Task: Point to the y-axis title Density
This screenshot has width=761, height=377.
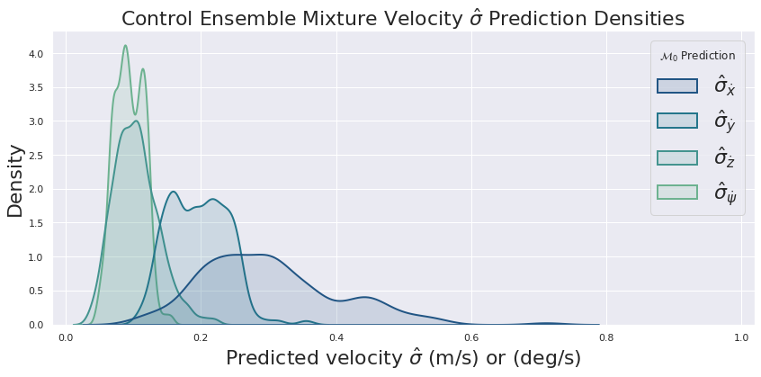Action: coord(15,180)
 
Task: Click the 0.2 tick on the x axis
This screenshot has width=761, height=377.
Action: coord(201,337)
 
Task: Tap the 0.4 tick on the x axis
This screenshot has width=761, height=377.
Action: coord(336,337)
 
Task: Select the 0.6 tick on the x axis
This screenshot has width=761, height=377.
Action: coord(471,337)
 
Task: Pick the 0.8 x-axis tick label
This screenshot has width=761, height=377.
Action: coord(606,337)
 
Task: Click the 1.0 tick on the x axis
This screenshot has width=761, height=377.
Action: coord(741,337)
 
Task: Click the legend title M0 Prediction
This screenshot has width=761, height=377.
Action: coord(697,56)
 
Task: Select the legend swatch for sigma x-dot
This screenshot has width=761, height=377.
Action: coord(676,85)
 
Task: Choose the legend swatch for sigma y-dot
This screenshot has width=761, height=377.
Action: coord(676,121)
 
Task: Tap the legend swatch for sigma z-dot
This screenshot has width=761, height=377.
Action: coord(676,157)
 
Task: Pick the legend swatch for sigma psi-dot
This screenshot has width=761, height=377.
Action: coord(676,192)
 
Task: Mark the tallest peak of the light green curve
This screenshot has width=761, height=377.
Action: coord(125,46)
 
